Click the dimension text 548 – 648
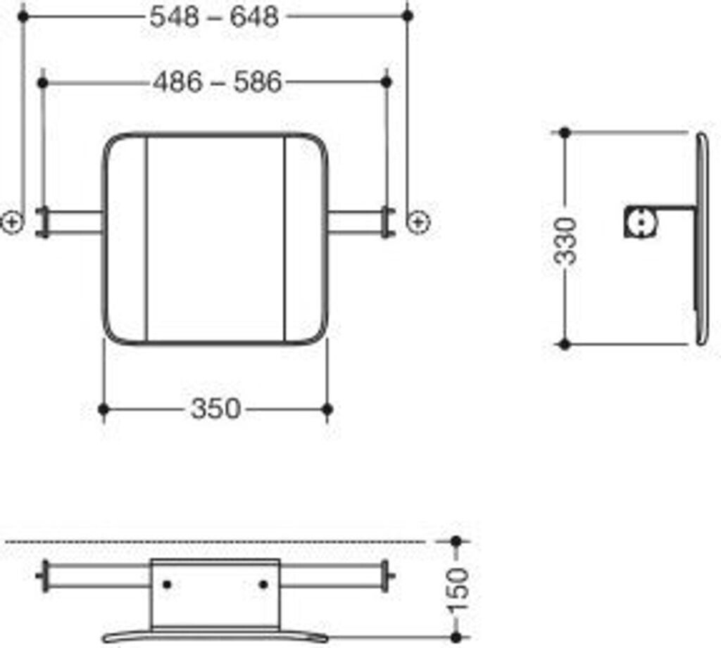pos(215,16)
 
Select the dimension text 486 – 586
pos(217,83)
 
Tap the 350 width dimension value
pos(215,409)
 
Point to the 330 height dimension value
pos(566,239)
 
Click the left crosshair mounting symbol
pos(12,222)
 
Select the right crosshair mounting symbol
pos(419,222)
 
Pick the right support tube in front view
pos(356,222)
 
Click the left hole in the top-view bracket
pos(167,584)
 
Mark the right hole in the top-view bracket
pos(263,584)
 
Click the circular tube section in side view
pos(642,222)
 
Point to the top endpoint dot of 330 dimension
pos(564,132)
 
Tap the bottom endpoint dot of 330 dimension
pos(564,344)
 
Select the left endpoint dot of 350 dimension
pos(104,409)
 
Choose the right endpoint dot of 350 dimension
pos(327,409)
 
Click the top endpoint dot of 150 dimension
pos(456,541)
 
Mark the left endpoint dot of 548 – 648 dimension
pos(23,15)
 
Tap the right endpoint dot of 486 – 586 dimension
pos(386,82)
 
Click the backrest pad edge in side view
pos(702,239)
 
